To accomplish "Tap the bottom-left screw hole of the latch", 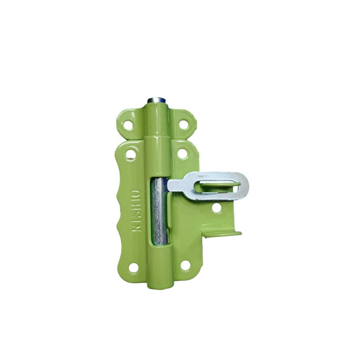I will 133,267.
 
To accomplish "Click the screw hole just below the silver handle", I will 215,208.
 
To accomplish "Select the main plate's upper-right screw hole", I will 182,154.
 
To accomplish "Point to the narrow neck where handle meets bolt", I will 177,184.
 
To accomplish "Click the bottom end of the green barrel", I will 156,282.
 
